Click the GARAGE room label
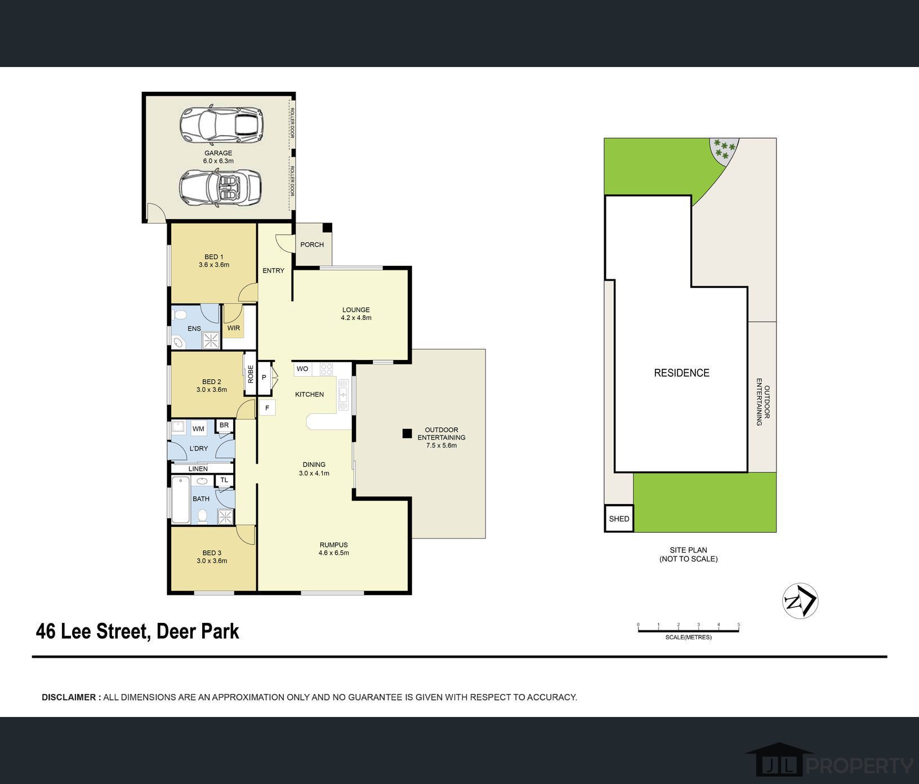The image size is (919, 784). [218, 153]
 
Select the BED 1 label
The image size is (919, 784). [214, 257]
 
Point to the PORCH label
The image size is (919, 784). [312, 244]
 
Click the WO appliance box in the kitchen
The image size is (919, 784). [302, 369]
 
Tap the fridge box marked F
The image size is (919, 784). [267, 408]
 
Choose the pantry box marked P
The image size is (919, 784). [264, 377]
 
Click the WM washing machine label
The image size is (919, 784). [198, 429]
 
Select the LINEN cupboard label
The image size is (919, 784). [198, 469]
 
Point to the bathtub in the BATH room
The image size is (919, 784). [181, 500]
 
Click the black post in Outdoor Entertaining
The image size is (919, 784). [407, 434]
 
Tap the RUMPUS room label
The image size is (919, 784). [334, 545]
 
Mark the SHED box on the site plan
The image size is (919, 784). [619, 519]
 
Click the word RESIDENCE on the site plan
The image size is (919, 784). [681, 373]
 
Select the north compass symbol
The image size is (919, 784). [800, 601]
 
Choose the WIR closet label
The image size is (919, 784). [234, 328]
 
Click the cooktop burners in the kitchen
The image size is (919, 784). [327, 369]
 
